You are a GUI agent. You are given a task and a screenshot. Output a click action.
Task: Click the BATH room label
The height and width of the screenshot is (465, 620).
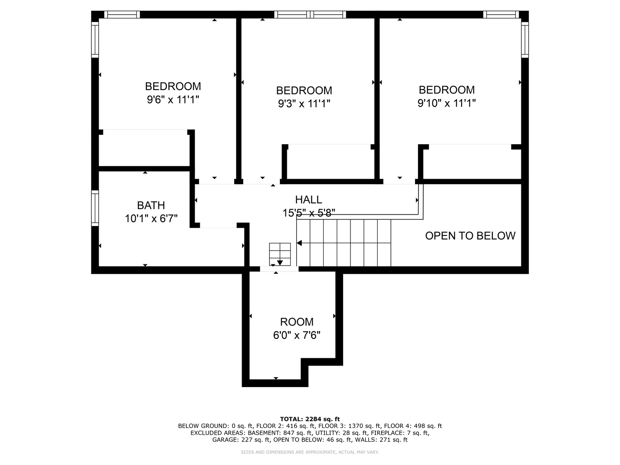point(151,205)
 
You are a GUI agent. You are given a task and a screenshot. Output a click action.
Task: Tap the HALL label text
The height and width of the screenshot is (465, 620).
point(308,199)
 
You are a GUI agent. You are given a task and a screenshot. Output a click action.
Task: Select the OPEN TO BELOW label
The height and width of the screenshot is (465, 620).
point(470,236)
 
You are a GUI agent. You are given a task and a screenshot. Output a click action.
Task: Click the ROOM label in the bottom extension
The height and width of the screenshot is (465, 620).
point(297,322)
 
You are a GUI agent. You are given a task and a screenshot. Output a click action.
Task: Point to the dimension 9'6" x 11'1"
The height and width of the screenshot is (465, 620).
point(173,100)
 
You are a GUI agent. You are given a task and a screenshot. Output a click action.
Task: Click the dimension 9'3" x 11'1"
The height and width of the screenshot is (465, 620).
point(304,104)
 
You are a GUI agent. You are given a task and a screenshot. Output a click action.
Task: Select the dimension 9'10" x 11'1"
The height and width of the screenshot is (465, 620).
point(446,103)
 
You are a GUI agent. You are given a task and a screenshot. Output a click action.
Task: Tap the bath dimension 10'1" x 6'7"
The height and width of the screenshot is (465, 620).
point(151,219)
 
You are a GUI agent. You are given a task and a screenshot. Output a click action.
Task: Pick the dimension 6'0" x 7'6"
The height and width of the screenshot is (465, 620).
point(297,335)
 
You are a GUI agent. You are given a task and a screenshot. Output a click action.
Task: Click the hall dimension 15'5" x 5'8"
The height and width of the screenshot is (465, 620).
point(309,213)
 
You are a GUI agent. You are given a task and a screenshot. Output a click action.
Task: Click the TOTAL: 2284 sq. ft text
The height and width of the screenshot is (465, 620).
point(310,419)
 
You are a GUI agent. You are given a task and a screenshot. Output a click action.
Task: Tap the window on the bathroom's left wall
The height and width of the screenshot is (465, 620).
point(95,208)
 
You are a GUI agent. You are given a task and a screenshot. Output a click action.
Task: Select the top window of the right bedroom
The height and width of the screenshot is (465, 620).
point(501,15)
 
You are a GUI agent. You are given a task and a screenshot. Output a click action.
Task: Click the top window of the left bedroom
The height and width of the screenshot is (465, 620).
point(123,15)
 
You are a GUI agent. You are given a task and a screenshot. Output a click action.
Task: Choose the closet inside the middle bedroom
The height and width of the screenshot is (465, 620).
point(329,161)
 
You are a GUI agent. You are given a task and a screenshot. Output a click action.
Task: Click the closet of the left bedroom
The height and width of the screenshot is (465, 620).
point(144,148)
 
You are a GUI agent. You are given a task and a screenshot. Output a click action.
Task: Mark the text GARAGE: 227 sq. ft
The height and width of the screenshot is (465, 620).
point(241,440)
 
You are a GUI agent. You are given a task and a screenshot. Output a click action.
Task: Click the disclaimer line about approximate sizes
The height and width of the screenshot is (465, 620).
point(310,452)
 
